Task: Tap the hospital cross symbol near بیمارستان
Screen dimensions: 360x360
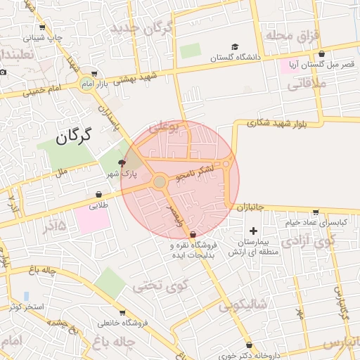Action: (x=253, y=231)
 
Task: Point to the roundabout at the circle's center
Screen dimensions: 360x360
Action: (x=160, y=182)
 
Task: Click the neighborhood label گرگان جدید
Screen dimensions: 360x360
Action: (x=141, y=28)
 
